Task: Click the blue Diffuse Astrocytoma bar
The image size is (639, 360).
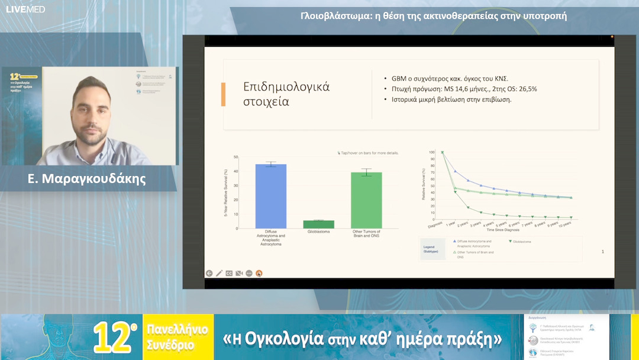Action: coord(270,196)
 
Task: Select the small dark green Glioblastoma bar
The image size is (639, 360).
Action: coord(318,224)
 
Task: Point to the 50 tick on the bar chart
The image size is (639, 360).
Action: coord(235,157)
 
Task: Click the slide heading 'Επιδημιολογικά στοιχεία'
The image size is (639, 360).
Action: coord(286,94)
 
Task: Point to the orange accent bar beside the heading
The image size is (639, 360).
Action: coord(223,94)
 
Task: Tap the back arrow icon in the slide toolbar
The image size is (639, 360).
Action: coord(209,273)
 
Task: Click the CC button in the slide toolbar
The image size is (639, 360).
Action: coord(229,273)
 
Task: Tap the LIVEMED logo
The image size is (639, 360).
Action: coord(25,9)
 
